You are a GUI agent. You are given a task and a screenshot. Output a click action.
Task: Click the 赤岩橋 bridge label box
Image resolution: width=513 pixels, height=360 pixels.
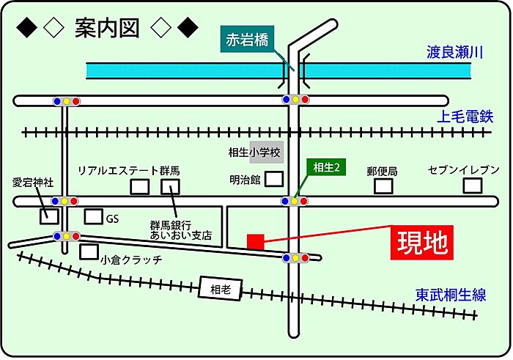pos(247,40)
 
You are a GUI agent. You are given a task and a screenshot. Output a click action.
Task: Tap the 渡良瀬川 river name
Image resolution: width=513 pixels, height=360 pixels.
pos(454,52)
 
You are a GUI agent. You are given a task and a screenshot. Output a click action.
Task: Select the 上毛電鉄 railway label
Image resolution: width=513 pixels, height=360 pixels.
pos(465,117)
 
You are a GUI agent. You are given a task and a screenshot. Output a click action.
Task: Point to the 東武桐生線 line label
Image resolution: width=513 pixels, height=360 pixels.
pos(451,295)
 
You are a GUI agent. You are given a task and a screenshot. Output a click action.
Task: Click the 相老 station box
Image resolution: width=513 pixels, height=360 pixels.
pos(221,289)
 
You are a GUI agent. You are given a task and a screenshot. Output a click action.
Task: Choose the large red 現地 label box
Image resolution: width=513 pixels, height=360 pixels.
pos(422,243)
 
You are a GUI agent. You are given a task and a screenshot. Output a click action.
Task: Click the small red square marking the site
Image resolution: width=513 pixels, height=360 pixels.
pos(256,242)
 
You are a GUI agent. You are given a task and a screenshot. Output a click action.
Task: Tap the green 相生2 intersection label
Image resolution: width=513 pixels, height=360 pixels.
pos(326,168)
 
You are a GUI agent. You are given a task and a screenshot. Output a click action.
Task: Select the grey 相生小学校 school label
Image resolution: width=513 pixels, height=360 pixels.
pos(254,153)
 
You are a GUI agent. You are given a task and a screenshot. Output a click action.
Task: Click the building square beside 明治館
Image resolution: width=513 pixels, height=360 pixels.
pos(274,179)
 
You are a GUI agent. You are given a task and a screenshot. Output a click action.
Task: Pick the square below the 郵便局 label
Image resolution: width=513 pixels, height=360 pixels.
pos(383,185)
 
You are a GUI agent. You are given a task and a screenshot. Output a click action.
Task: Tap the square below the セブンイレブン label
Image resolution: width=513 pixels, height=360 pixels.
pos(473,185)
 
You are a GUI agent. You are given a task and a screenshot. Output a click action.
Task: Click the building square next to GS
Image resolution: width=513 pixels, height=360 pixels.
pos(93,216)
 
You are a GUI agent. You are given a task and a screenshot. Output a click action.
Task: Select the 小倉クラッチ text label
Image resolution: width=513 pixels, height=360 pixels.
pos(131,260)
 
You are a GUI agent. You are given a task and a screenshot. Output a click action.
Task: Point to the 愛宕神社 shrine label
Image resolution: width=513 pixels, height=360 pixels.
pos(33,183)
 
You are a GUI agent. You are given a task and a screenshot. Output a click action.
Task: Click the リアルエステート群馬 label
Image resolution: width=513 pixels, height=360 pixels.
pos(128,171)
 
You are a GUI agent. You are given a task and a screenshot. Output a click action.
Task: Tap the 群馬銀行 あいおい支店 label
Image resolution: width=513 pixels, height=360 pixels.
pos(181,230)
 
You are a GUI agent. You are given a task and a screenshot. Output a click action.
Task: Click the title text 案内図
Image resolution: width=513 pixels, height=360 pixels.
pos(107,28)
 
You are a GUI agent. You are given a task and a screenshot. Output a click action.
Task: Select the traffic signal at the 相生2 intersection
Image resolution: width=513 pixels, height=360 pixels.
pos(295,201)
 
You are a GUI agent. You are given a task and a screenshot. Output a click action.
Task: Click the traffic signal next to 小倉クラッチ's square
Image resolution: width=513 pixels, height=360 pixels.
pos(67,236)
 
